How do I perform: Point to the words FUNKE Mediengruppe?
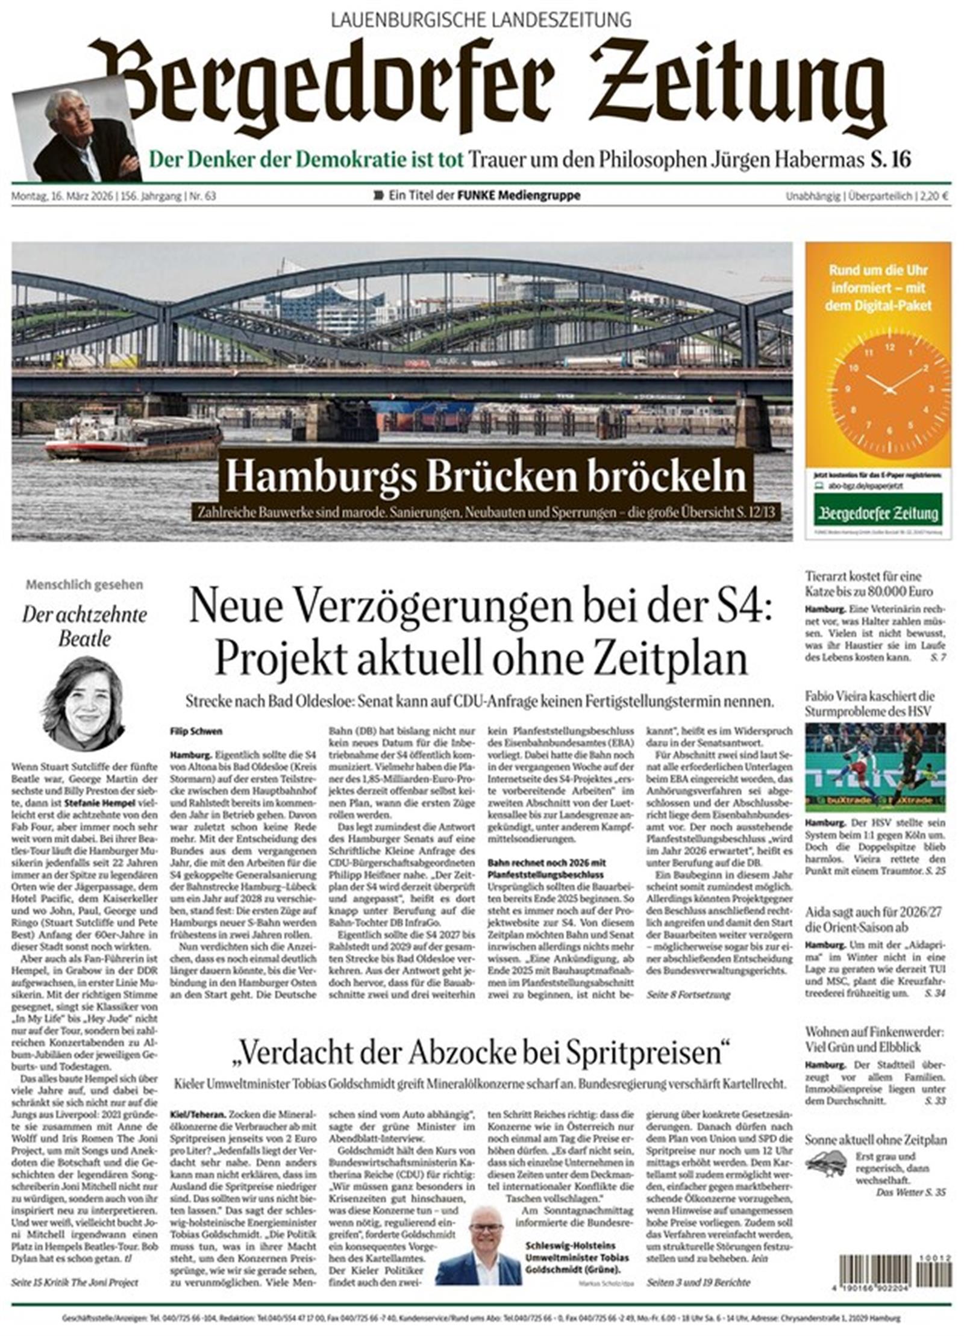pos(519,195)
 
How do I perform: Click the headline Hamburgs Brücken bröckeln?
pos(486,476)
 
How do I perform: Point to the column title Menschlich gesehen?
pos(84,584)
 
